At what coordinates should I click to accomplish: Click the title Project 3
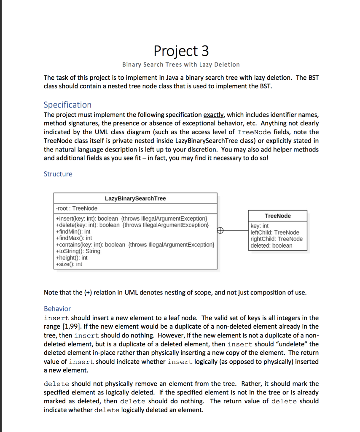click(181, 51)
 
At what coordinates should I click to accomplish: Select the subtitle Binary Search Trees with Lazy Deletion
click(181, 65)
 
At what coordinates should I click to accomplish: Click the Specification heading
click(67, 105)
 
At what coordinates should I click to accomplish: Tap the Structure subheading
click(58, 174)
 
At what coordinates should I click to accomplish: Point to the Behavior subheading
click(57, 308)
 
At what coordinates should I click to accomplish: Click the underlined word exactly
click(214, 115)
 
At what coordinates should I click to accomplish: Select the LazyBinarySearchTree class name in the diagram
click(135, 198)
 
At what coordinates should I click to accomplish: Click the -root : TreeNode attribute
click(76, 208)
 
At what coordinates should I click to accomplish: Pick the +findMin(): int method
click(73, 232)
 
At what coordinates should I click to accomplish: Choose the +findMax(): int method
click(74, 238)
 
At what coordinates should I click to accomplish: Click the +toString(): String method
click(78, 251)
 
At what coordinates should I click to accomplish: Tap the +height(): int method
click(72, 257)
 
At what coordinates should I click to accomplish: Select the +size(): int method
click(69, 264)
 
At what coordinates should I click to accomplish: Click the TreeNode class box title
click(277, 216)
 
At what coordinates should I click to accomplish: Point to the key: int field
click(259, 226)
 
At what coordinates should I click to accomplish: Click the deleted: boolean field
click(271, 246)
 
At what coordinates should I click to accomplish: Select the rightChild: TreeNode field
click(276, 239)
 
